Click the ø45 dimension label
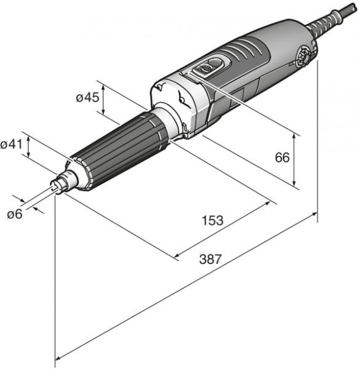(87, 97)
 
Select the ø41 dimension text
(11, 144)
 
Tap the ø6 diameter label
(15, 214)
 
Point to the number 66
(282, 157)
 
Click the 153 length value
(213, 220)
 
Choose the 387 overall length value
(211, 259)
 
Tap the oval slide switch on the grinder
(208, 68)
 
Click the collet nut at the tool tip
(59, 183)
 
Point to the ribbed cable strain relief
(326, 21)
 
